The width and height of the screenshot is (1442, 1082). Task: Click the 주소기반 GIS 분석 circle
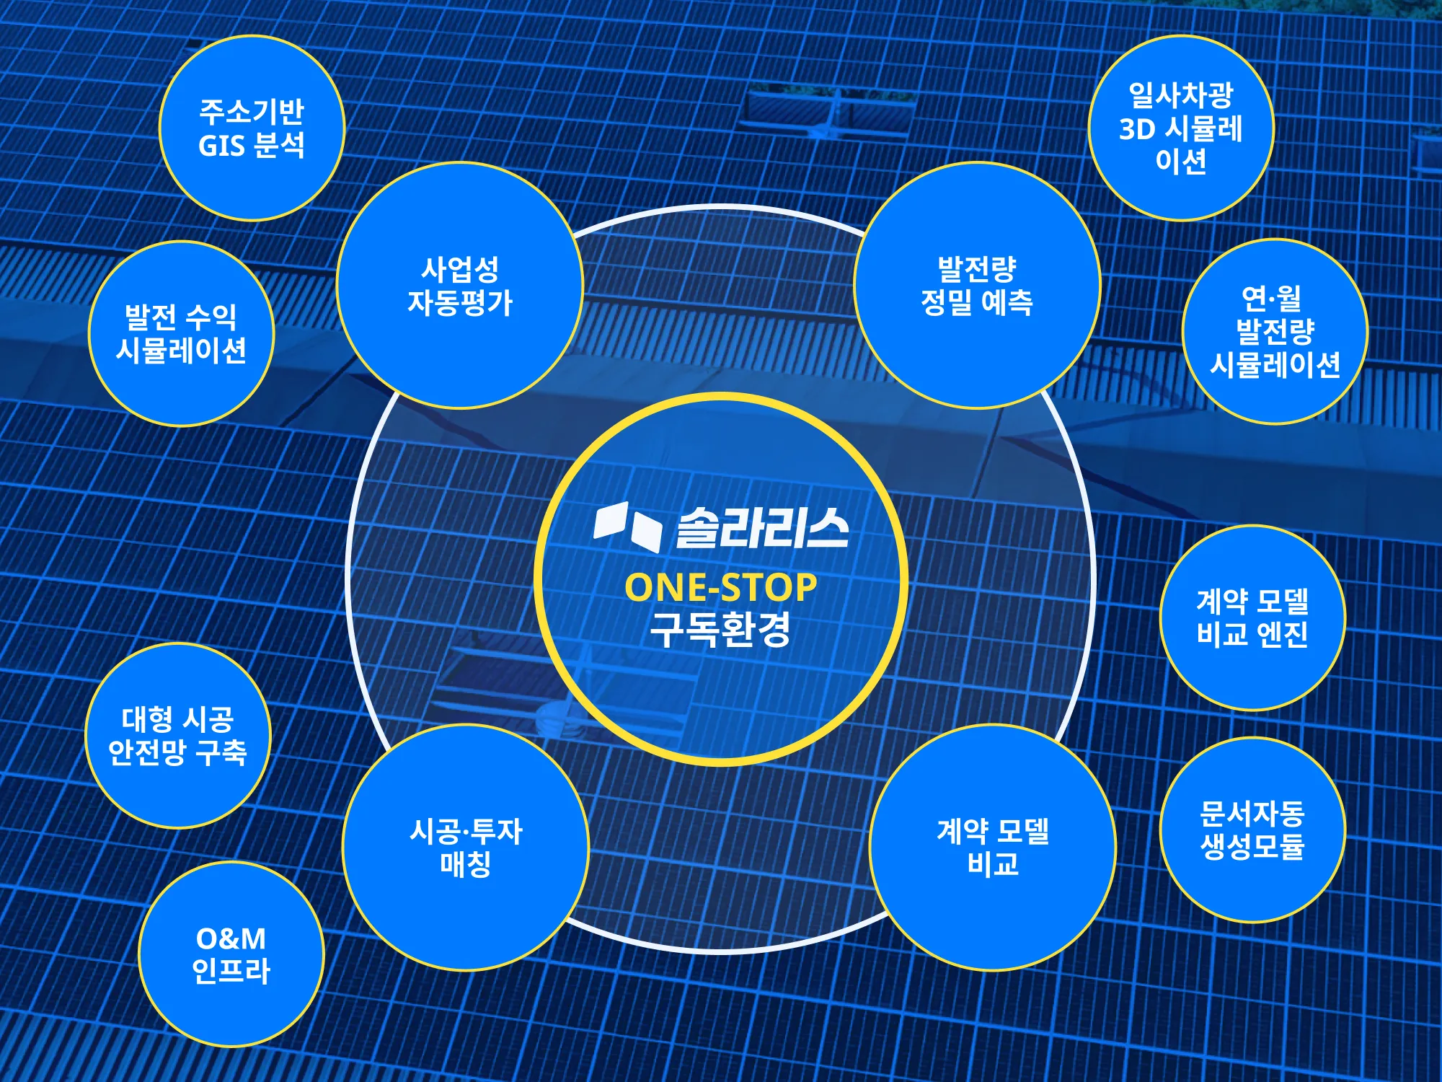[252, 128]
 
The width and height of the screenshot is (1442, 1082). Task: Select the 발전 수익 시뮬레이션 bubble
[181, 333]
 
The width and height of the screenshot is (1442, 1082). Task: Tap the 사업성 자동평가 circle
[459, 286]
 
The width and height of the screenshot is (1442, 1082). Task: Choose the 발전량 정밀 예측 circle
[977, 286]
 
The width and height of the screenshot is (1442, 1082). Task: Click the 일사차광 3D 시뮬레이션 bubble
[1181, 128]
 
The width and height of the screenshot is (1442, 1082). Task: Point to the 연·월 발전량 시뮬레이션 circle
[1275, 332]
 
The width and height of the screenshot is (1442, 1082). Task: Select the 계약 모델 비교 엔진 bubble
[1252, 617]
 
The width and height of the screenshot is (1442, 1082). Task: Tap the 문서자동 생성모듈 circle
[1252, 830]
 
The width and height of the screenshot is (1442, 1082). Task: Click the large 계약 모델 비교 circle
[993, 848]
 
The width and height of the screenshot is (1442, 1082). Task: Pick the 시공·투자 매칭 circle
[466, 848]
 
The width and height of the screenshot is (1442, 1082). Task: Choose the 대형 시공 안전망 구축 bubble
[177, 736]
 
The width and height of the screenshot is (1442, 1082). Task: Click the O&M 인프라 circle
[231, 954]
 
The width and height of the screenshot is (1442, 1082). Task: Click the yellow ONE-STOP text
[720, 587]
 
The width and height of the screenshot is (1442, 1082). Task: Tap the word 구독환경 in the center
[720, 630]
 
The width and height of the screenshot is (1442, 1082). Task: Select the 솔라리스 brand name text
[762, 528]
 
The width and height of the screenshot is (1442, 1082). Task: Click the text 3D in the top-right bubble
[1138, 130]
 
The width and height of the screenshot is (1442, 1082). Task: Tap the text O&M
[231, 938]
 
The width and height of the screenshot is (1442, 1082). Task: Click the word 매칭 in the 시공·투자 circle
[466, 864]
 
